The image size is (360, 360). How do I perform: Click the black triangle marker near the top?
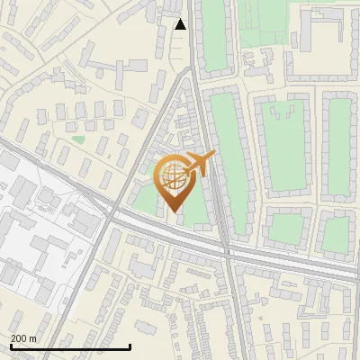click(180, 24)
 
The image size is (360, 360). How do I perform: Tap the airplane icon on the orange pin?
click(199, 164)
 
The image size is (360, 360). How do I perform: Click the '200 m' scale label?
click(23, 338)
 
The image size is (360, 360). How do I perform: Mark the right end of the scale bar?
click(130, 346)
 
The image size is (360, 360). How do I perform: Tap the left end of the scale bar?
click(11, 346)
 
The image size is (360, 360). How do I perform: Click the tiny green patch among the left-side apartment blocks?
click(78, 139)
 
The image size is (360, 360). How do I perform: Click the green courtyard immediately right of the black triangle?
click(213, 36)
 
